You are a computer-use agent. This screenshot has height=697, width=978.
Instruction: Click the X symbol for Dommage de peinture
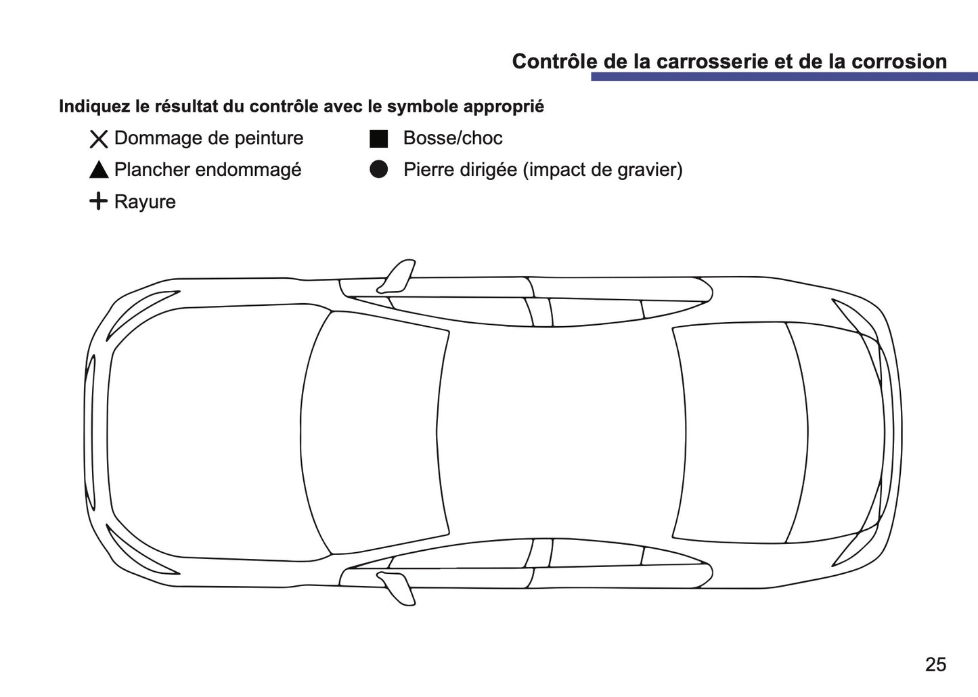(x=99, y=139)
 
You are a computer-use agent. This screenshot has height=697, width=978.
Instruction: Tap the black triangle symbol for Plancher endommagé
(x=99, y=171)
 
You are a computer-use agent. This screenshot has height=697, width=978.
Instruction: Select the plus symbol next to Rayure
(x=99, y=201)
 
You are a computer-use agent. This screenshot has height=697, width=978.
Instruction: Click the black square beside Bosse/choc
(x=379, y=139)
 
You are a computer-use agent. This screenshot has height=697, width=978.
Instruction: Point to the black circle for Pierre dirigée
(x=379, y=170)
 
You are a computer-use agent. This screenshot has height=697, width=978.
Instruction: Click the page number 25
(x=935, y=665)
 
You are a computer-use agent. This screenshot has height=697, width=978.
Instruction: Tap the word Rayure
(x=145, y=202)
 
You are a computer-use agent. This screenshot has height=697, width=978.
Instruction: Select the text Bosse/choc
(x=453, y=138)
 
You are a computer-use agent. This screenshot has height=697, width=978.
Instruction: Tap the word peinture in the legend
(x=267, y=138)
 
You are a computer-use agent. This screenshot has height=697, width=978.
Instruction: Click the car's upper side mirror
(x=398, y=275)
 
